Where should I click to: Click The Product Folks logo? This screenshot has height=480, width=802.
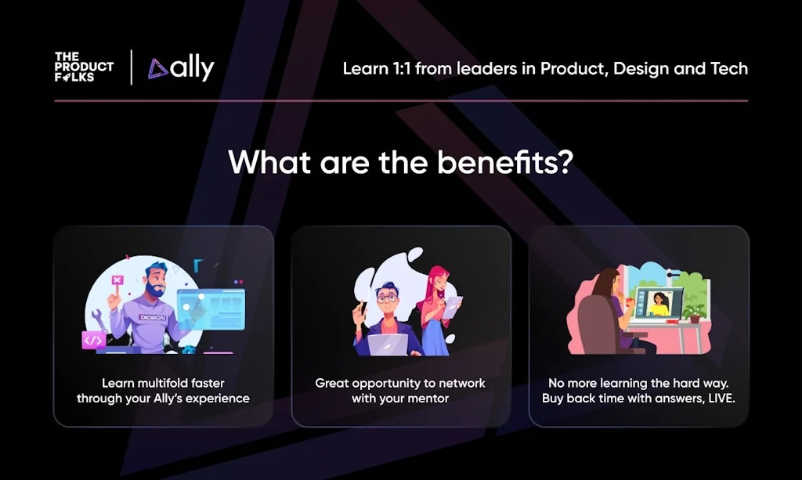pos(83,67)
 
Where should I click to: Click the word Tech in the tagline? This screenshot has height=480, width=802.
pos(728,68)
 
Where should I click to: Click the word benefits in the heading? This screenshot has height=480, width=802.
pos(486,162)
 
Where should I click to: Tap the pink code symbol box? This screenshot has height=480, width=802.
pos(93,339)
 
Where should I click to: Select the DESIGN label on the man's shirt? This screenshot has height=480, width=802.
pos(150,318)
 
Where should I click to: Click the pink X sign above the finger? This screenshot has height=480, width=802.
pos(117,280)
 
